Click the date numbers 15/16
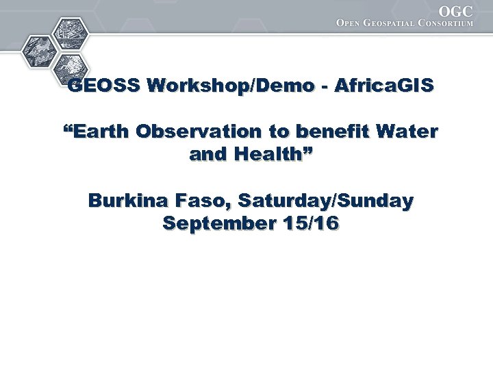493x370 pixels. point(312,224)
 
